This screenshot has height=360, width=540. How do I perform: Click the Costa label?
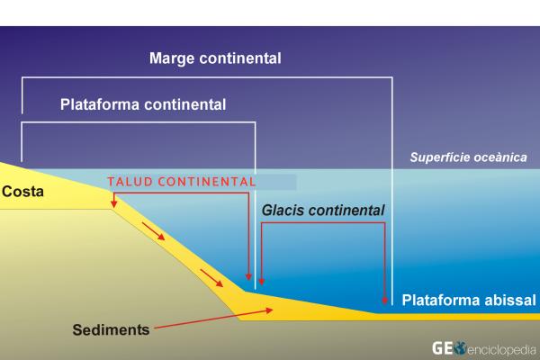click(22, 192)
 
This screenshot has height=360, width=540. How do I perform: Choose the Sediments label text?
click(111, 329)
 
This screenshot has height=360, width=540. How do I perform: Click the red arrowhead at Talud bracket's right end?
click(248, 276)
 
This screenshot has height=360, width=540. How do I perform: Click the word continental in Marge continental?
click(243, 59)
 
